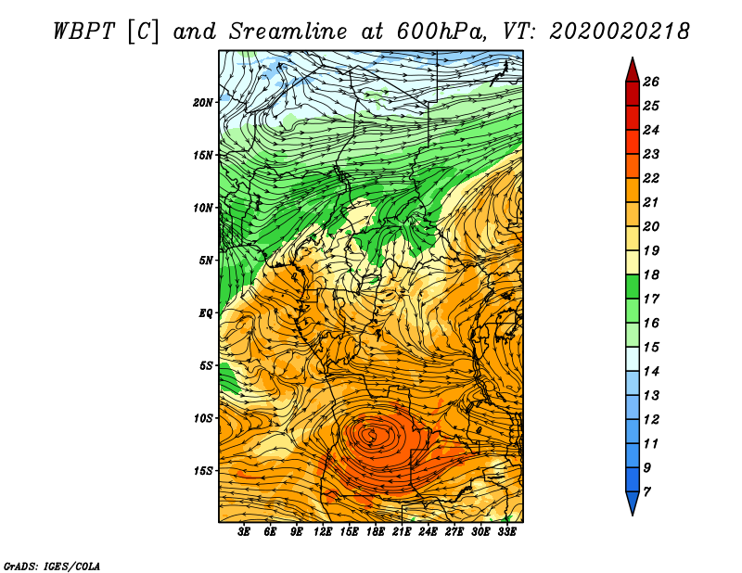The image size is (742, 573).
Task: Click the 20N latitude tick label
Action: pyautogui.click(x=203, y=102)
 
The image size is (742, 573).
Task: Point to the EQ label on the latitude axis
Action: pyautogui.click(x=206, y=313)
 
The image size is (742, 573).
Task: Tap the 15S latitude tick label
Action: pyautogui.click(x=203, y=471)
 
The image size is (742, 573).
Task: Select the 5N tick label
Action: pyautogui.click(x=206, y=261)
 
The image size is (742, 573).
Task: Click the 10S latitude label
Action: pyautogui.click(x=203, y=418)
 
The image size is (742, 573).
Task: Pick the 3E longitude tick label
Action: pyautogui.click(x=244, y=532)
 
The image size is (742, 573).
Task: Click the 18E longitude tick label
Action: pyautogui.click(x=376, y=532)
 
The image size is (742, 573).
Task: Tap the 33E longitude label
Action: pyautogui.click(x=506, y=532)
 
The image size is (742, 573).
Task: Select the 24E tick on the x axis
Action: pyautogui.click(x=428, y=532)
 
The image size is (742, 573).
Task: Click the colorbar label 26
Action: pyautogui.click(x=651, y=82)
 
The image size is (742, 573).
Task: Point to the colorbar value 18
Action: pyautogui.click(x=651, y=274)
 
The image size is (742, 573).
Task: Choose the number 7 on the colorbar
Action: pyautogui.click(x=647, y=492)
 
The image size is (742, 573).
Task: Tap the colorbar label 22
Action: pyautogui.click(x=651, y=178)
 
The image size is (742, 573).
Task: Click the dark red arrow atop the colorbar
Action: pyautogui.click(x=633, y=70)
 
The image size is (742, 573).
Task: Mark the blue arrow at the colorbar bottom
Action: pyautogui.click(x=633, y=503)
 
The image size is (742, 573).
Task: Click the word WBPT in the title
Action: pyautogui.click(x=84, y=32)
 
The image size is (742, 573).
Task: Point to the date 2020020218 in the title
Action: pyautogui.click(x=619, y=32)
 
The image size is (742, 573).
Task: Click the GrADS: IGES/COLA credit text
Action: pyautogui.click(x=52, y=567)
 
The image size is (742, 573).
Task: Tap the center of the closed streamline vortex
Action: pyautogui.click(x=373, y=434)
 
